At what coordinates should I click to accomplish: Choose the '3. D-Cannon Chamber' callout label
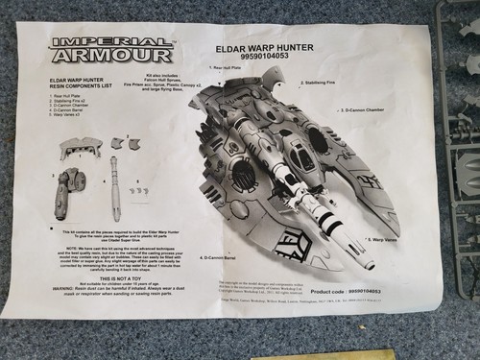[361, 110]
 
